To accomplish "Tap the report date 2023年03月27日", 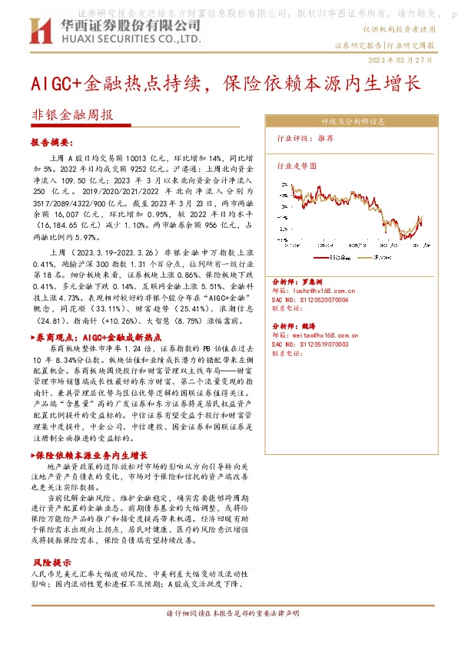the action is point(400,59).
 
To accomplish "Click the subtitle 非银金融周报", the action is point(72,115).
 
